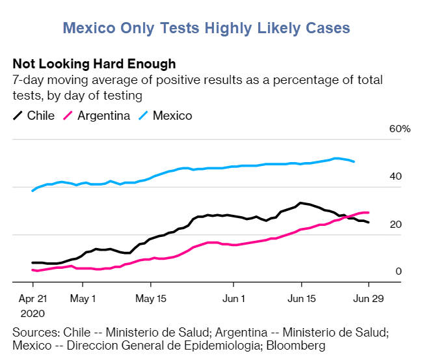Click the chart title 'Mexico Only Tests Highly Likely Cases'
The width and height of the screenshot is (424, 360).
point(206,28)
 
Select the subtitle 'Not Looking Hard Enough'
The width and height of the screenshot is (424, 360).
point(94,64)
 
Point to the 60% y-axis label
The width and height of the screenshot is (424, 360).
point(400,129)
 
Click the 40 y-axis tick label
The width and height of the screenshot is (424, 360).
point(395,176)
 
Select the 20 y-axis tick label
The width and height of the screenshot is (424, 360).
point(395,224)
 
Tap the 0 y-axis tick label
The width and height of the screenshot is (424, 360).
point(399,271)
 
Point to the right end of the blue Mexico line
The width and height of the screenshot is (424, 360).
point(354,161)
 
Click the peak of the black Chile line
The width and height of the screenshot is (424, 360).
point(300,202)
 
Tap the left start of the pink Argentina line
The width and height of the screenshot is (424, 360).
point(33,270)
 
